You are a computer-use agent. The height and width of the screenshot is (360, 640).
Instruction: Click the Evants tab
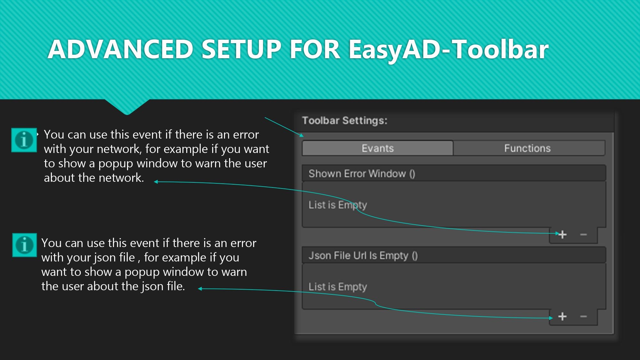coord(378,148)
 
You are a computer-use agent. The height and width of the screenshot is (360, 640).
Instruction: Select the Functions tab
coord(529,148)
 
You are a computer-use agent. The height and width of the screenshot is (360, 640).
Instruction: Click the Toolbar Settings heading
coord(345,121)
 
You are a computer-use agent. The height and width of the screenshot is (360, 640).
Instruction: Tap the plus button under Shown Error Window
coord(563,235)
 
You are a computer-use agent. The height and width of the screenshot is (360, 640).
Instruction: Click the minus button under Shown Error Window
coord(583,235)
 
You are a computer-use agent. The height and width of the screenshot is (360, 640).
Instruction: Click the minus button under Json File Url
coord(583,316)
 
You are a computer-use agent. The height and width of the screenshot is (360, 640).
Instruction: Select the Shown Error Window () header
coord(362,173)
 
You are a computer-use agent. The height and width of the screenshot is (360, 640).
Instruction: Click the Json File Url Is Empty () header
coord(363,255)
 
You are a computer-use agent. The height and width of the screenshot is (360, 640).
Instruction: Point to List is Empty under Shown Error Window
coord(338,205)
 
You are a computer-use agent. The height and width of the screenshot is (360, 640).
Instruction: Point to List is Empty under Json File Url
coord(338,287)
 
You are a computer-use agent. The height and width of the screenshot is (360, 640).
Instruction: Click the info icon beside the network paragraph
coord(24,140)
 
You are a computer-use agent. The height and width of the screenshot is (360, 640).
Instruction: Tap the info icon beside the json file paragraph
coord(25,245)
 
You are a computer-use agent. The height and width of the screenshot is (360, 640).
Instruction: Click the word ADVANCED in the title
coord(120,49)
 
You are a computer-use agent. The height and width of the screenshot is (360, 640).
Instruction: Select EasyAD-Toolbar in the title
coord(449,50)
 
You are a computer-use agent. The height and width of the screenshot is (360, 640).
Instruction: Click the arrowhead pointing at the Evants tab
coord(301,135)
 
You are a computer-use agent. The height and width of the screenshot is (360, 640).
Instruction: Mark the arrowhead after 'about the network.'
coord(156,182)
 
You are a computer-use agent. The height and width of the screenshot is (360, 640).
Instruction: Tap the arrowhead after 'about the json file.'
coord(200,289)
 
